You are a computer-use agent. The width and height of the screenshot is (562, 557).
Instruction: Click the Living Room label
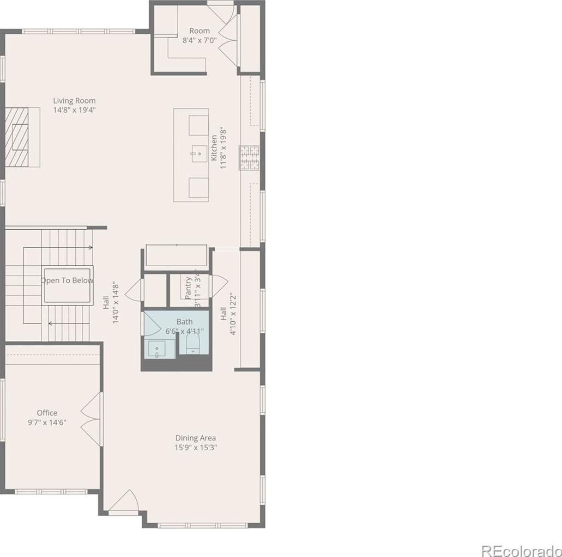(x=74, y=101)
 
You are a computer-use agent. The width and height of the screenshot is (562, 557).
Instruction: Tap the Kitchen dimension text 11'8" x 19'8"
(x=223, y=148)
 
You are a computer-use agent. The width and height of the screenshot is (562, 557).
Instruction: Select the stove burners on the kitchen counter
(x=250, y=157)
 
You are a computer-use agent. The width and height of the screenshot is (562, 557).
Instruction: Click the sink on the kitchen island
(x=199, y=154)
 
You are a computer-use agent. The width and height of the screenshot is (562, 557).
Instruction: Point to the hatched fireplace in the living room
(x=16, y=137)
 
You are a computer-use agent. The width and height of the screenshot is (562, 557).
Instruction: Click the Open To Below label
(x=67, y=280)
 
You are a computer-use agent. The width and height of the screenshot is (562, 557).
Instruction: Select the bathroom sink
(x=157, y=349)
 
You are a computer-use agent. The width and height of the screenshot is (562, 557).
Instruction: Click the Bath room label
(x=185, y=322)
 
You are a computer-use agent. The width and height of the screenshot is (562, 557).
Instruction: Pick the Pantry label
(x=189, y=288)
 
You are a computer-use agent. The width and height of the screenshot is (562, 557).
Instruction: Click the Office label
(x=47, y=413)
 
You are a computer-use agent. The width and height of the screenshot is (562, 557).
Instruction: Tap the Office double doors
(x=92, y=419)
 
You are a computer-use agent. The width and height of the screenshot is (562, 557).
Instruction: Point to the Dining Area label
(x=195, y=438)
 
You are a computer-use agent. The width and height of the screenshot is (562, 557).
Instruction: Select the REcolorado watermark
(x=522, y=550)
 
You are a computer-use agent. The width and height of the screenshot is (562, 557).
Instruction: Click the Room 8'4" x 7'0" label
(x=200, y=35)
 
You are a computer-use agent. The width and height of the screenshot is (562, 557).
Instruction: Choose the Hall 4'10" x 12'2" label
(x=228, y=314)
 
